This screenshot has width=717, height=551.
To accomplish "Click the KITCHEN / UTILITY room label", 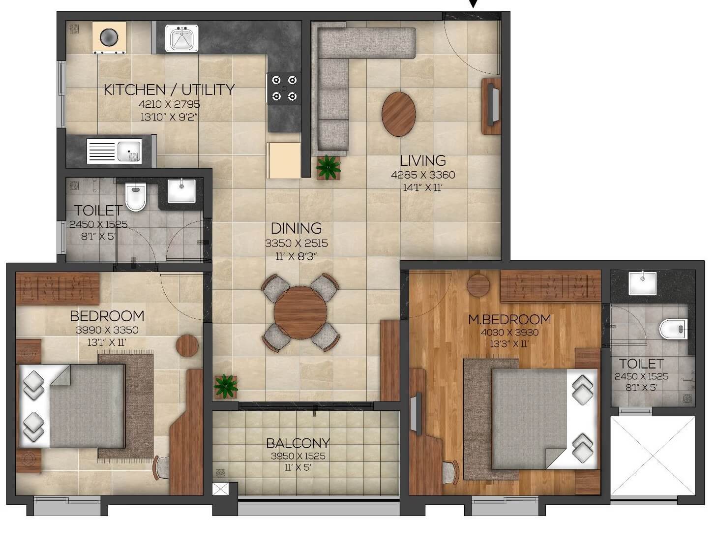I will (169, 90).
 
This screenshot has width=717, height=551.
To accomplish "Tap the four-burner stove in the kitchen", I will (284, 88).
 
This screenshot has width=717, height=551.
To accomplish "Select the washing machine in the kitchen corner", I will (109, 37).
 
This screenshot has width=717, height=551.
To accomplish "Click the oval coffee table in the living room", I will (398, 114).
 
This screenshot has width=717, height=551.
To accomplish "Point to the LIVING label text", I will (422, 160).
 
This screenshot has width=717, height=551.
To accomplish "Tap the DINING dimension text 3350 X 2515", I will (296, 243).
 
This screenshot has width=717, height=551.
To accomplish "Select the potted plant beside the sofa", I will (328, 167).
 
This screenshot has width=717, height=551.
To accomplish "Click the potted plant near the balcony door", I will (226, 386).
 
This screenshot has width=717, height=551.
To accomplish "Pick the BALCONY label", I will (298, 443).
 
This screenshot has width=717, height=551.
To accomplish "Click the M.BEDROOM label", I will (509, 319).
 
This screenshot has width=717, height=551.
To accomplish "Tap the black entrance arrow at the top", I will (473, 4).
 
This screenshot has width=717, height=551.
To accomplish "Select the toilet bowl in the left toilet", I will (135, 196).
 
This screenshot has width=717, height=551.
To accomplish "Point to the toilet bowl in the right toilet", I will (673, 329).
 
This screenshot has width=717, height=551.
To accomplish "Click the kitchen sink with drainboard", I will (114, 151).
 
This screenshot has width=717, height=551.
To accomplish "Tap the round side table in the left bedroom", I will (187, 345).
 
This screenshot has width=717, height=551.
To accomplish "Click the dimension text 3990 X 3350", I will (107, 330).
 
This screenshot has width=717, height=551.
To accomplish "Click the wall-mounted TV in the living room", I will (492, 105).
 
